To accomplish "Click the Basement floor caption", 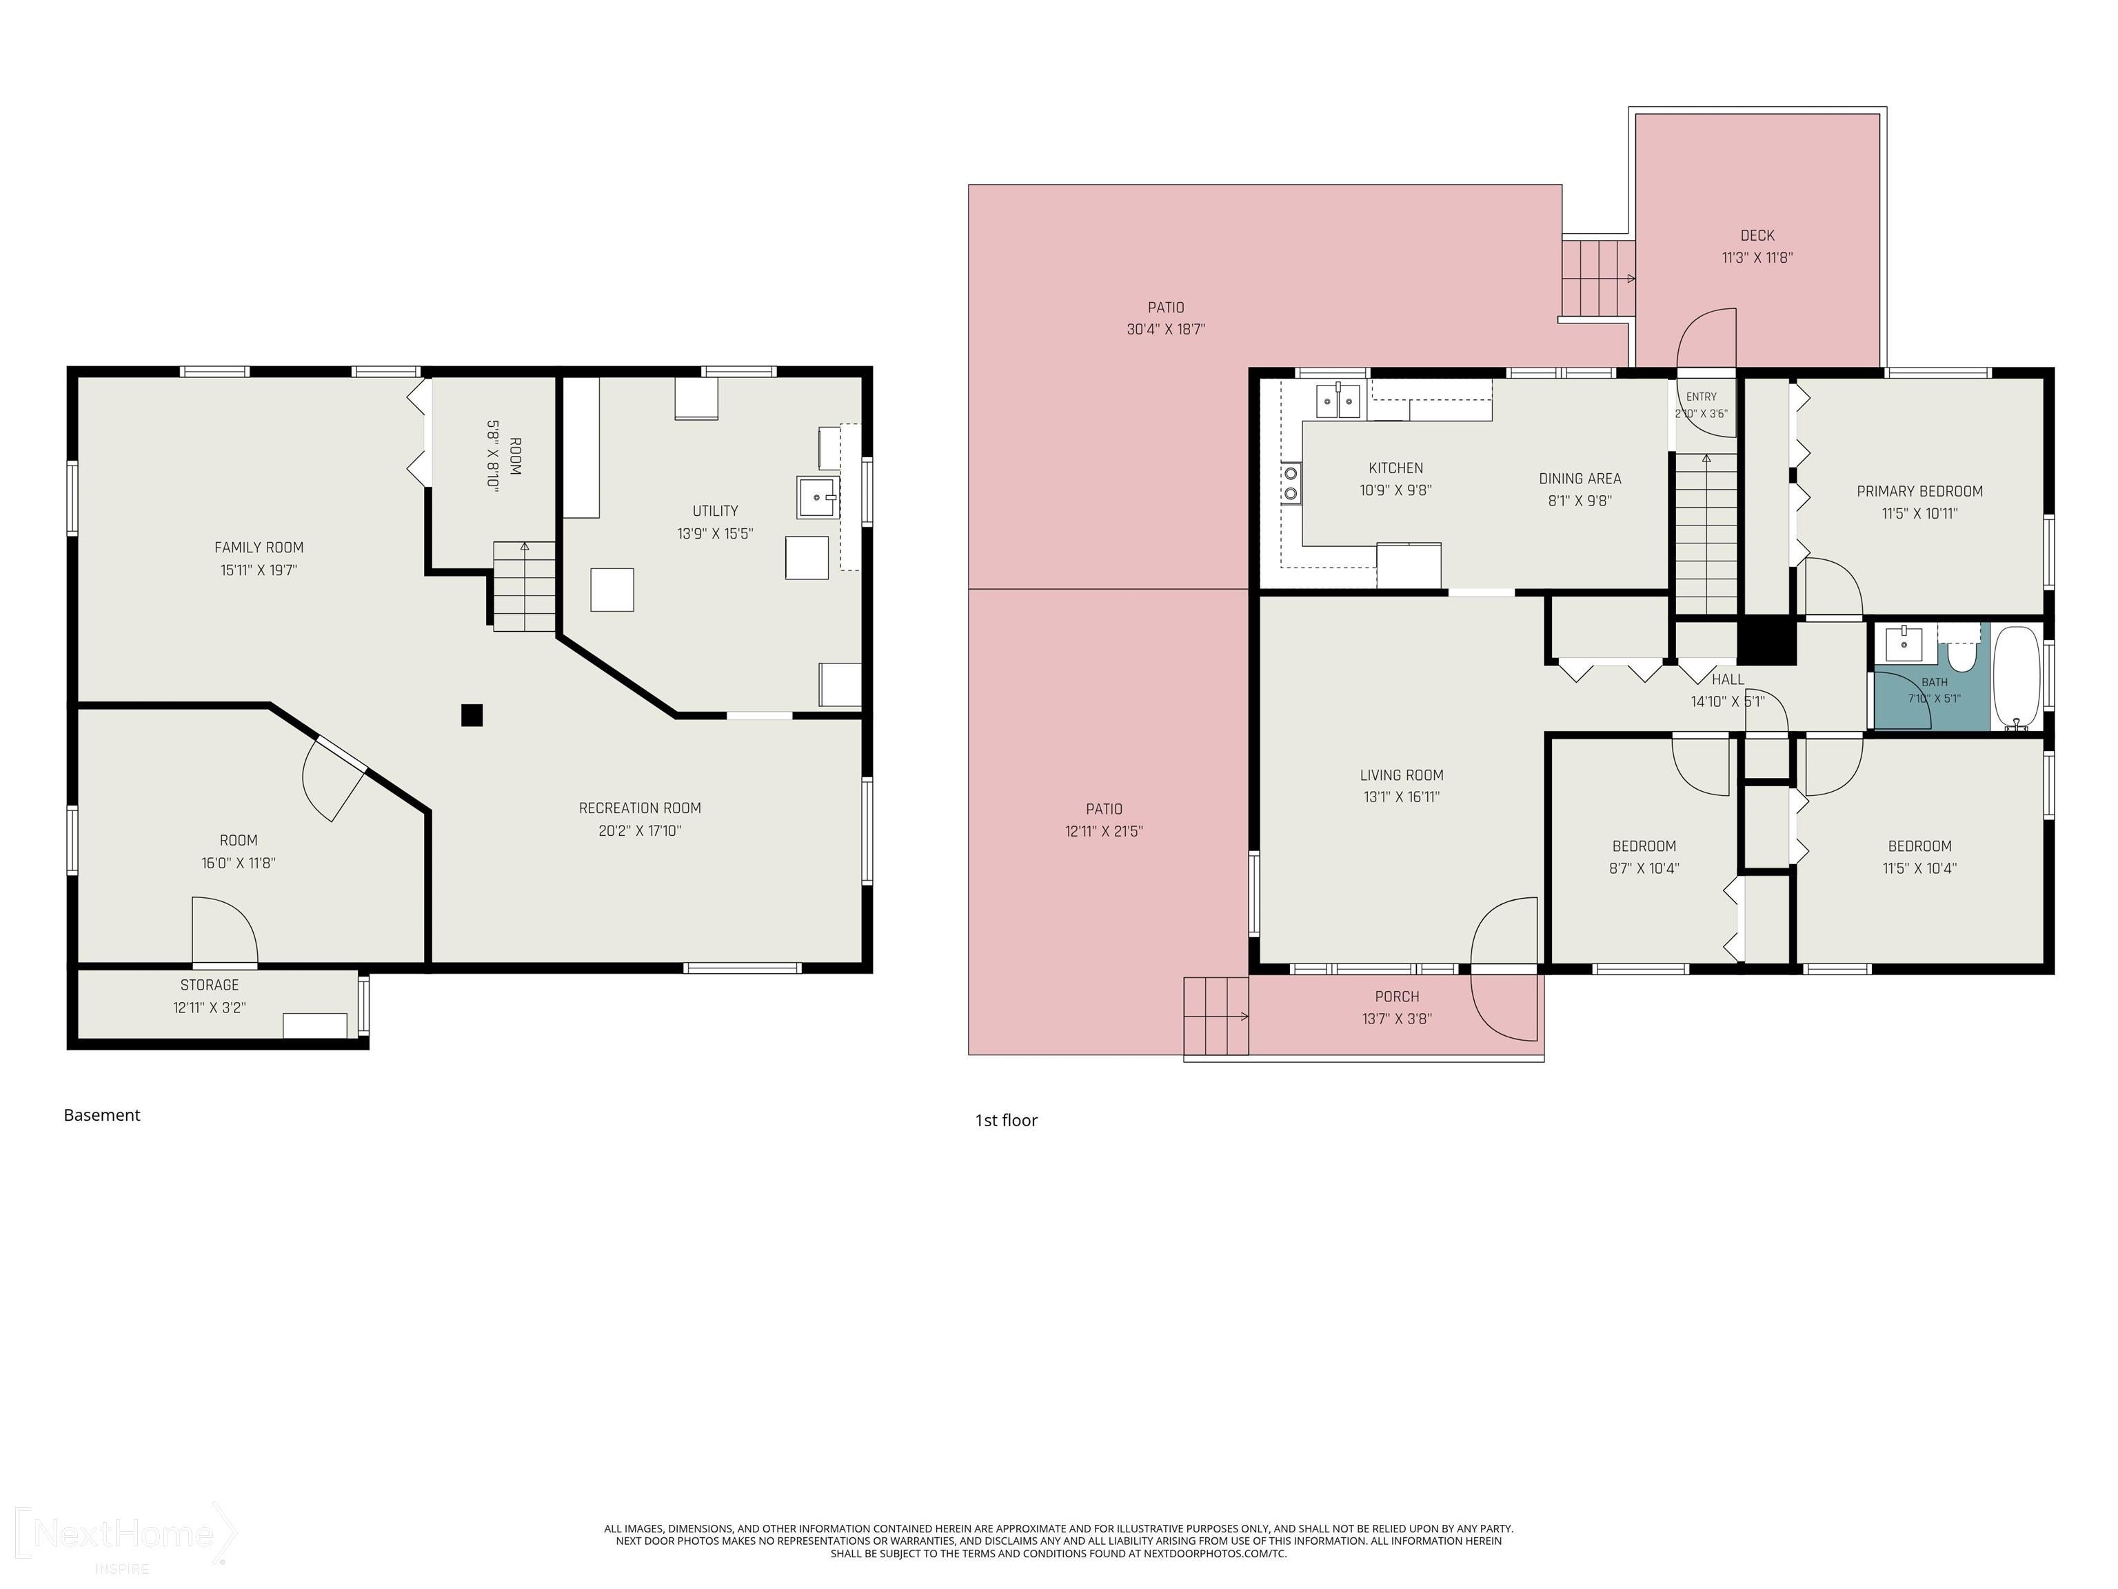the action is coord(101,1115).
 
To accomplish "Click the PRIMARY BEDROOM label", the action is coord(1919,491).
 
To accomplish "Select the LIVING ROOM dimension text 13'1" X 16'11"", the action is coord(1402,797).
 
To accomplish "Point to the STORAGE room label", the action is coord(210,985).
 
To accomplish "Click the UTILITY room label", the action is coord(715,510).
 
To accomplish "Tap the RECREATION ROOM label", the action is coord(640,808).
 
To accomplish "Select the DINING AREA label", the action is coord(1580,479).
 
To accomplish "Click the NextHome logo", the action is coord(125,1535).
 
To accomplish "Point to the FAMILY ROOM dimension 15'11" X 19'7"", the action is coord(259,570).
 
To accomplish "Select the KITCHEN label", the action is coord(1395,468).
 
